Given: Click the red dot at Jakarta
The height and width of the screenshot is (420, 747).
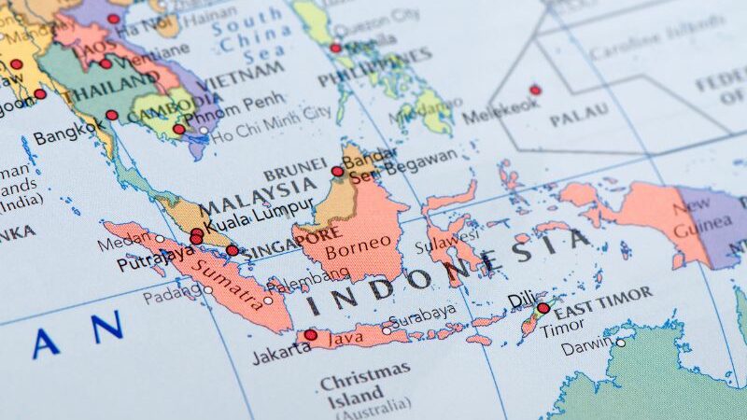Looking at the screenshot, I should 310,335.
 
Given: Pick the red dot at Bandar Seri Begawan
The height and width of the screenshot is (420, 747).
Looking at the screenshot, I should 337,172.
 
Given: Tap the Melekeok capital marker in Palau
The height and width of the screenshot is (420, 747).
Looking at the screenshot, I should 535,91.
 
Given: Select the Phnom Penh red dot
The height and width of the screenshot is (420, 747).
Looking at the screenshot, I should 179,130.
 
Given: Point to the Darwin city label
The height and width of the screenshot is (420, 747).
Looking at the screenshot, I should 586,348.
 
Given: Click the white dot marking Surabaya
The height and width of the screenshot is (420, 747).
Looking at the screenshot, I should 387,329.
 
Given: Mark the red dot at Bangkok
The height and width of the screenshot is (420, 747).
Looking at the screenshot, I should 112,116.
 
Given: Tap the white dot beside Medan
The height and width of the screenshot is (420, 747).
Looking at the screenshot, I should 159,239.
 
